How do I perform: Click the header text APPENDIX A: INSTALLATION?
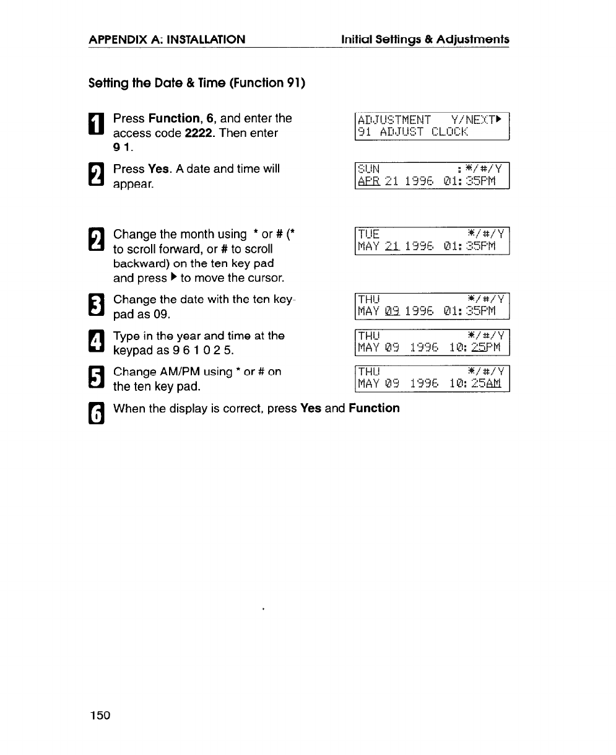(167, 40)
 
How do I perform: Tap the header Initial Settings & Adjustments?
(425, 40)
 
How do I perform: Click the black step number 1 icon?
(97, 124)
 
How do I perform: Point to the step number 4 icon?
(97, 343)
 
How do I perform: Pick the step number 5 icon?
(97, 378)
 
